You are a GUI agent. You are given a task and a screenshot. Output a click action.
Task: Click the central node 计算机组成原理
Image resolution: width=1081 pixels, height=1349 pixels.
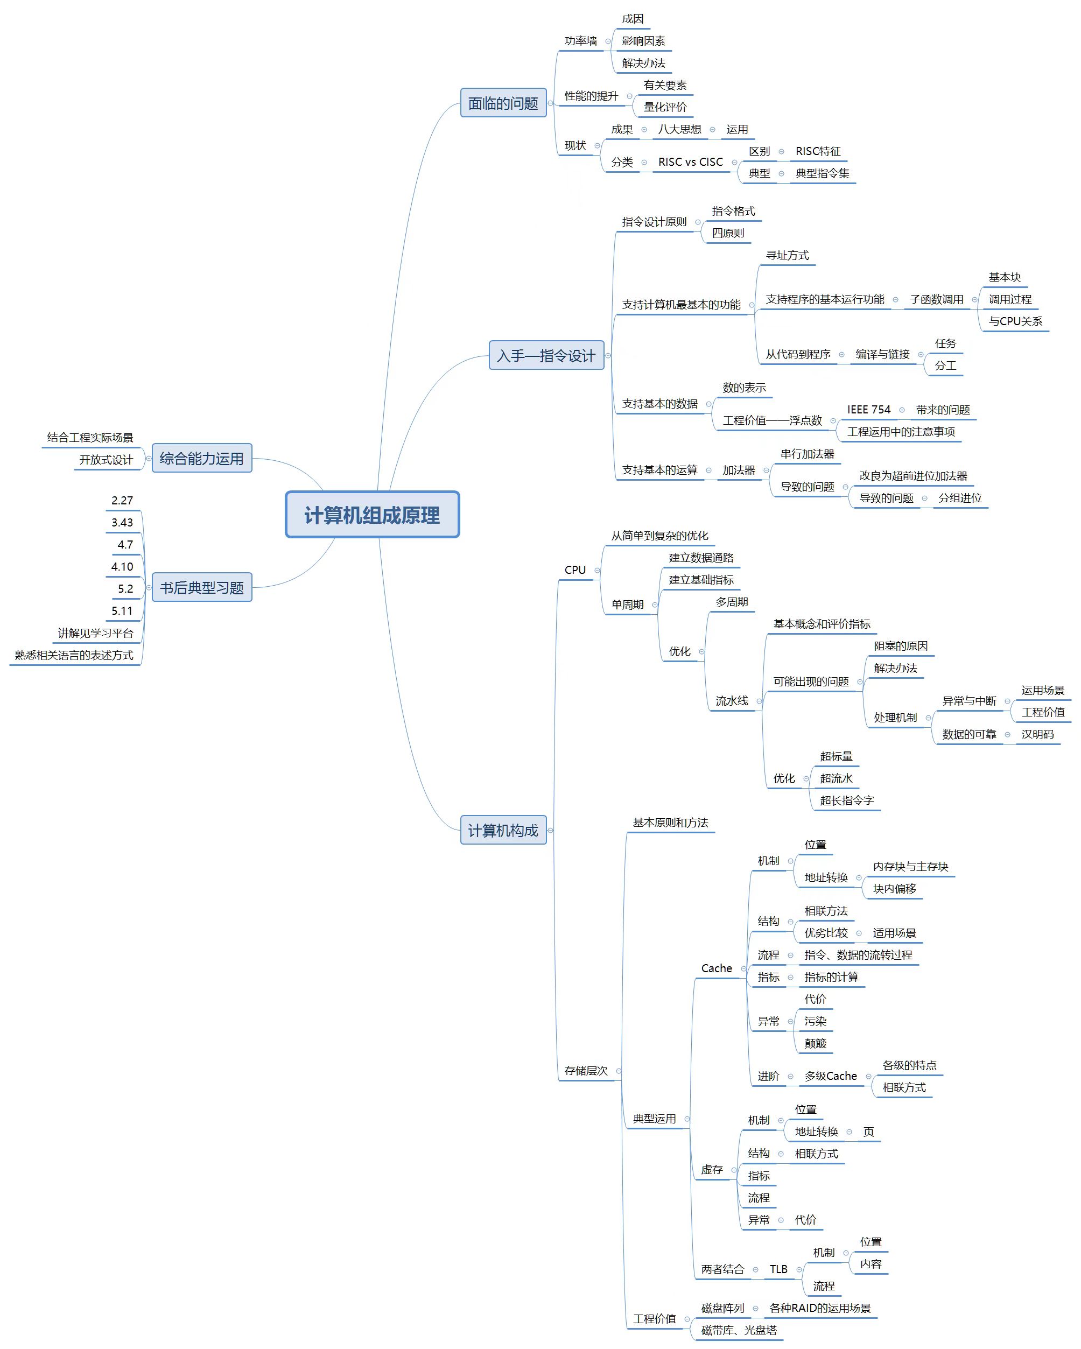pyautogui.click(x=372, y=515)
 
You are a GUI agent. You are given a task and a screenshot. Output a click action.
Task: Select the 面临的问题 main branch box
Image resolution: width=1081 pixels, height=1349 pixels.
pyautogui.click(x=503, y=103)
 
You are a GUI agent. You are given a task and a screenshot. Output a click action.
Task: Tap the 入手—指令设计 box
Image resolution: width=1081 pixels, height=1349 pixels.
pyautogui.click(x=546, y=355)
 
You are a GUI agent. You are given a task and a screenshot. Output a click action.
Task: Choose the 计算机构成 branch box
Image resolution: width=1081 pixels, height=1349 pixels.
pyautogui.click(x=503, y=830)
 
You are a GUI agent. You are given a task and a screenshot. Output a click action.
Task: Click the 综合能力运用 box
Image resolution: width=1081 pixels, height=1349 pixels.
pyautogui.click(x=201, y=459)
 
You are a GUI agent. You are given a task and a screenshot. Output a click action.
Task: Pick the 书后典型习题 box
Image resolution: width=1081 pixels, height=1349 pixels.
pyautogui.click(x=201, y=587)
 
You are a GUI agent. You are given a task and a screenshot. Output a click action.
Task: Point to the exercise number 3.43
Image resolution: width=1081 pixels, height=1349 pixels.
pyautogui.click(x=122, y=523)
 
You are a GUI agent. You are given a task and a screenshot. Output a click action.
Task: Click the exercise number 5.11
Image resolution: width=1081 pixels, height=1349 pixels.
pyautogui.click(x=122, y=610)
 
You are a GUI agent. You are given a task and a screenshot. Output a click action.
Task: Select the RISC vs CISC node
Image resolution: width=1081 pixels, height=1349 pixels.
pyautogui.click(x=690, y=162)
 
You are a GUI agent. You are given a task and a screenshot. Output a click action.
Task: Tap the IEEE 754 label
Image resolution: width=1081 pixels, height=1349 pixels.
pyautogui.click(x=868, y=410)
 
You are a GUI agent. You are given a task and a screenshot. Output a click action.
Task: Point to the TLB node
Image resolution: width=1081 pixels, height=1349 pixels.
pyautogui.click(x=778, y=1269)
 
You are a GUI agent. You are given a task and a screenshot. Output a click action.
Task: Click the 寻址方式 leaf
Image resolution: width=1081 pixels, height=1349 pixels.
pyautogui.click(x=787, y=255)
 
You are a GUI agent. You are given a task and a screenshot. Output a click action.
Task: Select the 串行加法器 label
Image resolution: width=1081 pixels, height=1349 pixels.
pyautogui.click(x=807, y=454)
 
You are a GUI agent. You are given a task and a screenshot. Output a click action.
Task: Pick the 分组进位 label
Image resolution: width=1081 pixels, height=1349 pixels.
pyautogui.click(x=960, y=498)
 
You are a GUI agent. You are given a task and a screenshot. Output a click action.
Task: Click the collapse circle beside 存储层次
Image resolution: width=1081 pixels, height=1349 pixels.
pyautogui.click(x=619, y=1071)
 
